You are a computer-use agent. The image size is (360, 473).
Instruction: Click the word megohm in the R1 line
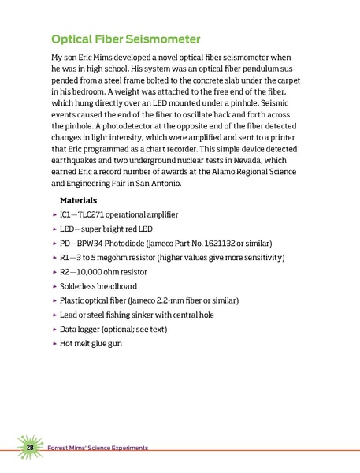[121, 258]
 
